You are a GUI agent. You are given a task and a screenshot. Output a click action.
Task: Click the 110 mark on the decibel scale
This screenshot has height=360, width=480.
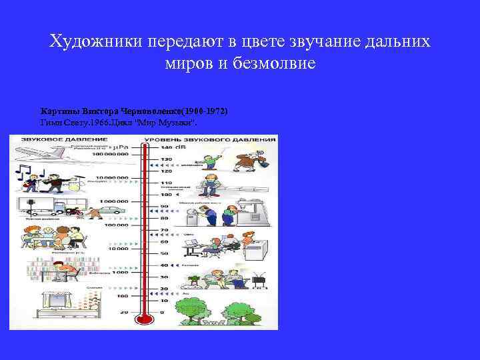tap(165, 182)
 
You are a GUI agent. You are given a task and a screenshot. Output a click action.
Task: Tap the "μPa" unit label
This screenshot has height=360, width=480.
tap(121, 145)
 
